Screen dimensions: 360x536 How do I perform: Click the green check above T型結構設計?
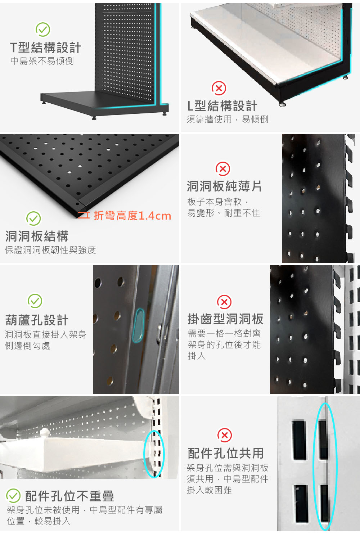(x=43, y=30)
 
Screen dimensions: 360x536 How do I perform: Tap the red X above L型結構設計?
(x=219, y=88)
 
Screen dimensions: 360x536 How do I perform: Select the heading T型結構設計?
(x=45, y=48)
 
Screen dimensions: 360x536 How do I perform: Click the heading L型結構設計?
(x=222, y=106)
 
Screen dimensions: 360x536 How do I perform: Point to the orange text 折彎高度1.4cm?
(x=132, y=216)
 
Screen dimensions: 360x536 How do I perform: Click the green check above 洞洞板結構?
(x=33, y=218)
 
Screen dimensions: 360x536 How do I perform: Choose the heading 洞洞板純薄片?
(x=224, y=186)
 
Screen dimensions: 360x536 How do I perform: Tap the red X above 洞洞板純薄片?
(x=223, y=169)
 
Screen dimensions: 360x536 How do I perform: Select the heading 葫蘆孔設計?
(x=37, y=320)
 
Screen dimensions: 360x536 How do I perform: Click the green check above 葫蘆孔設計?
(x=35, y=301)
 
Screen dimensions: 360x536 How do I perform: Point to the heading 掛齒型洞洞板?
(x=225, y=319)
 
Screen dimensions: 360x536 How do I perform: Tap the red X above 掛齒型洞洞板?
(x=224, y=302)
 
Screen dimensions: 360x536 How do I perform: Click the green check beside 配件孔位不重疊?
(x=13, y=496)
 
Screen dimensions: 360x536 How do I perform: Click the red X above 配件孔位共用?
(x=225, y=435)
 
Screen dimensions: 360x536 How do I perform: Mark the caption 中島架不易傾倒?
(x=42, y=61)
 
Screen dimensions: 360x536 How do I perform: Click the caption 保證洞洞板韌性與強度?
(x=50, y=250)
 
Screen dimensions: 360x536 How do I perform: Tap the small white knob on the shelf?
(x=45, y=432)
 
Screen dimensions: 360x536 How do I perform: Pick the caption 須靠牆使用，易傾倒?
(x=228, y=119)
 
